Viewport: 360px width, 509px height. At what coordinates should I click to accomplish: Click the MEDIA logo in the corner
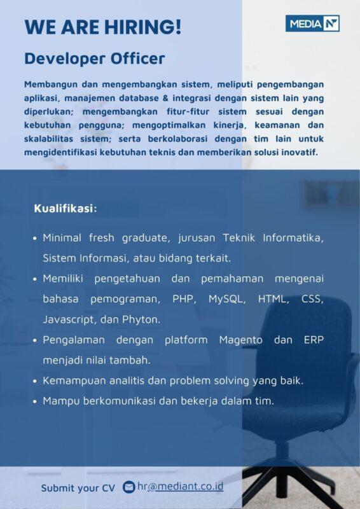[312, 24]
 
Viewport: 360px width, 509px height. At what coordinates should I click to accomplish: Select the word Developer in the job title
[62, 59]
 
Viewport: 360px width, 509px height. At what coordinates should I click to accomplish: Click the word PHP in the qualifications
[184, 298]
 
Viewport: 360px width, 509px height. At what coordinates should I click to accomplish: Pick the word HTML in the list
[273, 298]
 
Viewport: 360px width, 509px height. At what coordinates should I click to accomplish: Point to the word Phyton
[142, 319]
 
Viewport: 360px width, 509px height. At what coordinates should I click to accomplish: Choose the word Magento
[240, 340]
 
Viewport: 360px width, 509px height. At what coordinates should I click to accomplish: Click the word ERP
[313, 340]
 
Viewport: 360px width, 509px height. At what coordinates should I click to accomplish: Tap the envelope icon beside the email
[129, 487]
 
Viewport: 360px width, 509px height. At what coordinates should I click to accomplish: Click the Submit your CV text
[78, 488]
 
